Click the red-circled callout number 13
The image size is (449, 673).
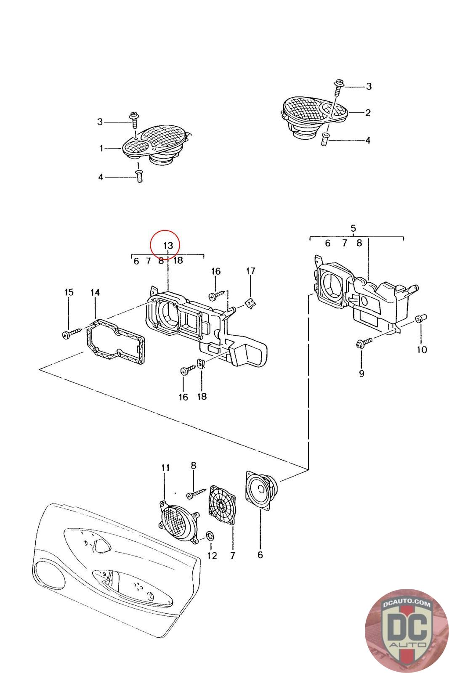coord(168,245)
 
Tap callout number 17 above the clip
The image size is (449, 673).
coord(250,271)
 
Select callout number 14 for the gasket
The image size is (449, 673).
coord(95,292)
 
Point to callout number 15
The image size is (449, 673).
coord(69,292)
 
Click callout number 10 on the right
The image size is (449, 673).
coord(422,350)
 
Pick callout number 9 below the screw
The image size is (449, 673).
coord(361,373)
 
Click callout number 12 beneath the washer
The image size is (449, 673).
coord(212,556)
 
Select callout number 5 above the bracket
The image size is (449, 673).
coord(353,228)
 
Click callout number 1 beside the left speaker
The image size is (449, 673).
coord(101,148)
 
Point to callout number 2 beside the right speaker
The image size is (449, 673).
coord(368,113)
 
